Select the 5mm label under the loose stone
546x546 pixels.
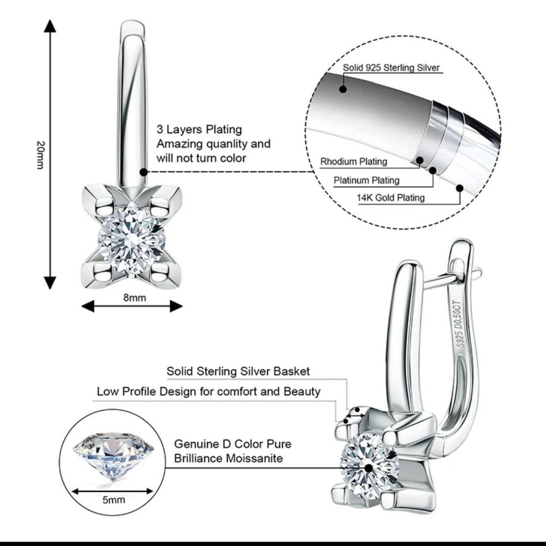pyautogui.click(x=113, y=500)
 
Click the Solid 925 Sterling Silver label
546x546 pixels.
pyautogui.click(x=391, y=68)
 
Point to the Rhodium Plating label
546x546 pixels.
pyautogui.click(x=353, y=162)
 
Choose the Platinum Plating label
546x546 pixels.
pyautogui.click(x=366, y=180)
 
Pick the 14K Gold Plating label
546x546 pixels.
pyautogui.click(x=391, y=198)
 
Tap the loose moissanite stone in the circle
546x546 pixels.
pyautogui.click(x=113, y=456)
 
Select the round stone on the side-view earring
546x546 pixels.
pyautogui.click(x=369, y=461)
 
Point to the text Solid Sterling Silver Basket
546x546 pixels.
pyautogui.click(x=238, y=371)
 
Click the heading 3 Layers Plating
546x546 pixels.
pyautogui.click(x=199, y=130)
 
